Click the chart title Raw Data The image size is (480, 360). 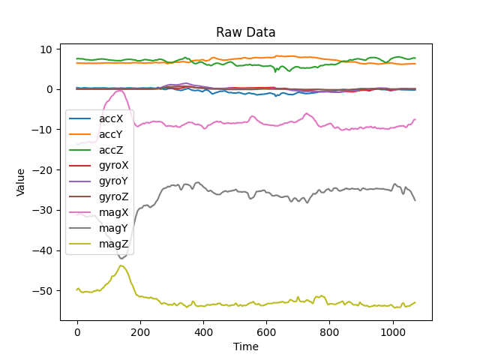(x=246, y=32)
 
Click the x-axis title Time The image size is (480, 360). (x=246, y=346)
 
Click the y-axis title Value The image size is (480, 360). (x=22, y=182)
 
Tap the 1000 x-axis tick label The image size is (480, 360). (x=392, y=331)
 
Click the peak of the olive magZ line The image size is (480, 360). (x=121, y=265)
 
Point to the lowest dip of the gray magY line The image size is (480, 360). (x=121, y=259)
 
